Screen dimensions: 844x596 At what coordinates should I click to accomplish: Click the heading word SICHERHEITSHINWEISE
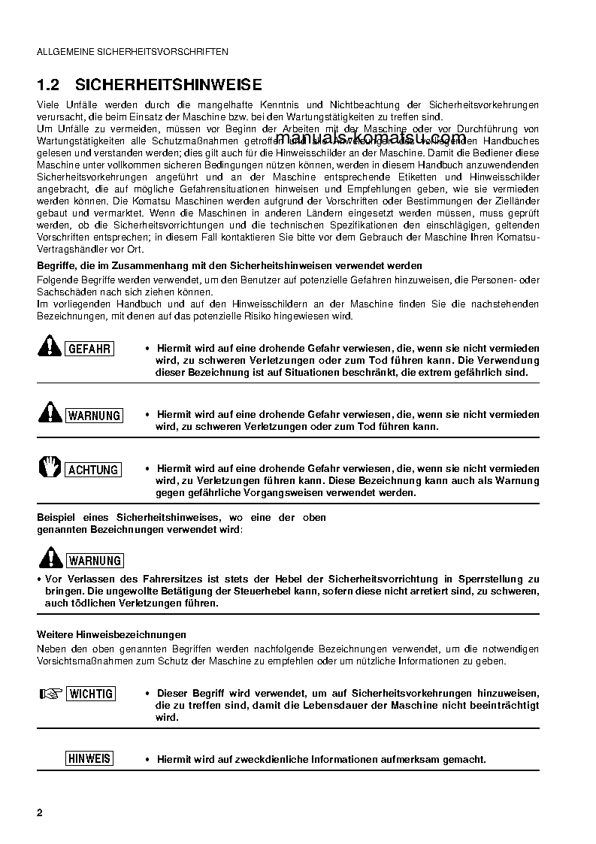(169, 84)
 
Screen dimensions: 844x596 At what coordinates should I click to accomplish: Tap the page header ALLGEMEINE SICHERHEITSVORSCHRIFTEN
(132, 52)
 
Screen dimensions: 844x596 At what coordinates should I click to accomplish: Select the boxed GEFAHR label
(90, 349)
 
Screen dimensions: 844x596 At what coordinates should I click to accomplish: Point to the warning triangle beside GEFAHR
(50, 346)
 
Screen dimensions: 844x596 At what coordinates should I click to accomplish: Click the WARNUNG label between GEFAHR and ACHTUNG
(94, 416)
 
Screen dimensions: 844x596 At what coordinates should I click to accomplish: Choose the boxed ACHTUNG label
(93, 470)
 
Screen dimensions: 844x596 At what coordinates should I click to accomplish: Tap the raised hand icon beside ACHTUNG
(50, 467)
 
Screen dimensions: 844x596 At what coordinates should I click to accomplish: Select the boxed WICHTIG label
(91, 694)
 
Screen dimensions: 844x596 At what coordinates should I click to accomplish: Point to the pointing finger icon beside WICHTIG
(50, 693)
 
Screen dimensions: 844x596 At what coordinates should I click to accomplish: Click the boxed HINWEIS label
(89, 758)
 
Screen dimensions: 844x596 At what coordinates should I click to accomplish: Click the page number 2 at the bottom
(40, 813)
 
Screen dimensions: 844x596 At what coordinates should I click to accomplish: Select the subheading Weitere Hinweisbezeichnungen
(111, 635)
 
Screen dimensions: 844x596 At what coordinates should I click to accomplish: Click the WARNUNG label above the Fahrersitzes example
(94, 561)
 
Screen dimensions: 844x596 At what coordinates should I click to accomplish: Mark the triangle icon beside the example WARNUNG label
(50, 558)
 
